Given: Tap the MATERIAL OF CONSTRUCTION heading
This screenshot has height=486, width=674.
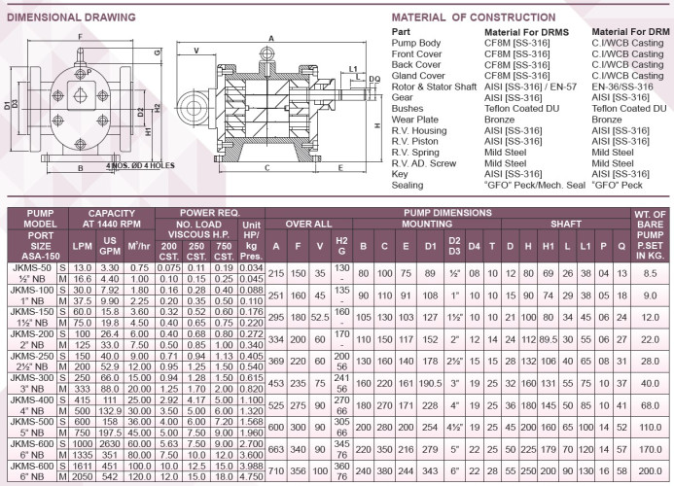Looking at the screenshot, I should click(462, 17).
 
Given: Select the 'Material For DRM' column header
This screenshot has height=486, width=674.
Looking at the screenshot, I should click(629, 32).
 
